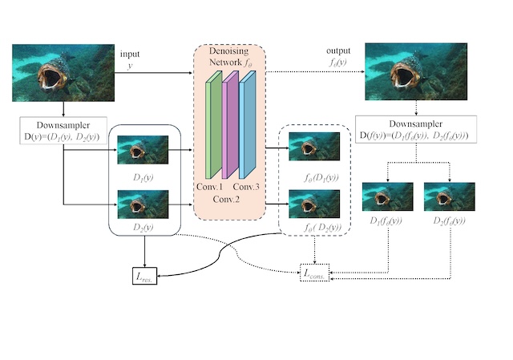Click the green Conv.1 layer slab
click(214, 127)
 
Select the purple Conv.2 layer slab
click(230, 124)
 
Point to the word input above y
click(130, 54)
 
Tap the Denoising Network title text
click(229, 56)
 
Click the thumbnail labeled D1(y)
click(143, 150)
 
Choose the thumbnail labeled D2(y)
click(143, 204)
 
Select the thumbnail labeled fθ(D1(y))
click(314, 147)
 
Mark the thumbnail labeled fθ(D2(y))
click(314, 203)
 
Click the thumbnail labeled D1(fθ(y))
click(388, 197)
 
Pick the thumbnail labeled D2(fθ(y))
click(449, 197)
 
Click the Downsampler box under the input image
click(63, 131)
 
